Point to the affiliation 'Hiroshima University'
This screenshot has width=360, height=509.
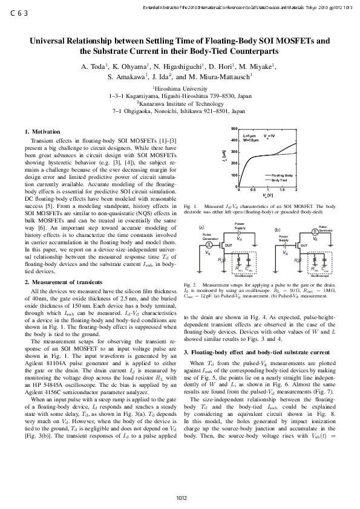[180, 88]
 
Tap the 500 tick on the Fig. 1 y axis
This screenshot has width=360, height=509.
[233, 129]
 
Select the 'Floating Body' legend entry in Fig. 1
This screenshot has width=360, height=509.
[282, 175]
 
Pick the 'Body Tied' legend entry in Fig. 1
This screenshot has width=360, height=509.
[279, 180]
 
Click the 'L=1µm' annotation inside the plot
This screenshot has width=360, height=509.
[250, 136]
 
